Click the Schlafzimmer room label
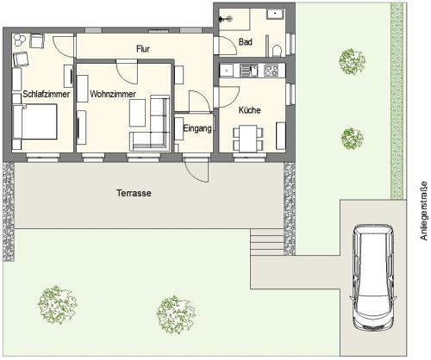pos(47,94)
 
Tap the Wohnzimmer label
pos(113,94)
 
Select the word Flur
pos(143,49)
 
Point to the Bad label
pos(246,42)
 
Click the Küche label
pos(249,110)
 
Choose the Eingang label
pos(197,128)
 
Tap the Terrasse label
pos(134,193)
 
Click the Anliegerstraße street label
pos(424,211)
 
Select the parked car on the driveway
pos(373,277)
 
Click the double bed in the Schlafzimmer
pos(34,121)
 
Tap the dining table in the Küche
pos(248,139)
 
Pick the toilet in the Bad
pos(277,51)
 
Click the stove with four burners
pos(271,71)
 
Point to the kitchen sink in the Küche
pos(249,71)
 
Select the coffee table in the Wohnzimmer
pos(137,113)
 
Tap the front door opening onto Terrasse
pos(197,170)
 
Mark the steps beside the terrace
pos(267,242)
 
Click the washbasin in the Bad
pos(275,14)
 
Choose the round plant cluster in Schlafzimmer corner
pos(19,40)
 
